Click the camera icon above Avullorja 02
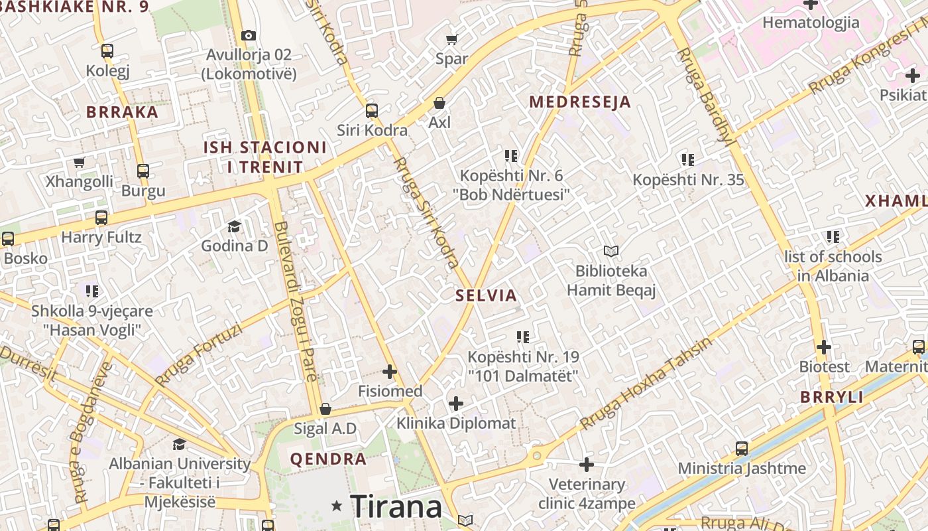[249, 35]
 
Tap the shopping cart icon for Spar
[452, 39]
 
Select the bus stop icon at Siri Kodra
[372, 110]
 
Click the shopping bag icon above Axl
[439, 103]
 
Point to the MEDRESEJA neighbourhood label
[580, 102]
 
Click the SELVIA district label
[486, 295]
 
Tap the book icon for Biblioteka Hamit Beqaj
[610, 251]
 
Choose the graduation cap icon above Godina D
[234, 227]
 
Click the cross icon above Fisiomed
[390, 372]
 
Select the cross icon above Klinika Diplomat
[456, 404]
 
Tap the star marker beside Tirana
[337, 506]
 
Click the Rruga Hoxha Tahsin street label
[646, 383]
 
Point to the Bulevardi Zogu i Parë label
[294, 311]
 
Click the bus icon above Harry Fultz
[101, 218]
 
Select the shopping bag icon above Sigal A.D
[325, 409]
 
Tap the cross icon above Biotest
[824, 347]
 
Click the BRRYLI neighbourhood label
[832, 398]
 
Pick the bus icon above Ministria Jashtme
[742, 449]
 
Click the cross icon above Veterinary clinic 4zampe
[587, 465]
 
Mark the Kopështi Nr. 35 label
[688, 180]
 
